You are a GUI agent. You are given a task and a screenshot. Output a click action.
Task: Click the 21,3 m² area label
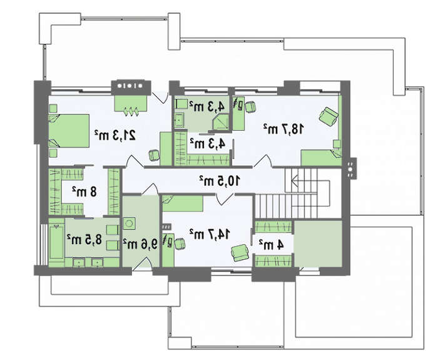pyautogui.click(x=115, y=136)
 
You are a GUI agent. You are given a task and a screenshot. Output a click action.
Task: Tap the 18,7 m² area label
pyautogui.click(x=283, y=129)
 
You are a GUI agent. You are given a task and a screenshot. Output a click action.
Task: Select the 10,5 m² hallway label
pyautogui.click(x=220, y=181)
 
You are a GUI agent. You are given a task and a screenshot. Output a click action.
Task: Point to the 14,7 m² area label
pyautogui.click(x=210, y=234)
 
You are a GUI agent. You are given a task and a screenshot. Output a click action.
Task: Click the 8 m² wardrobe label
pyautogui.click(x=84, y=192)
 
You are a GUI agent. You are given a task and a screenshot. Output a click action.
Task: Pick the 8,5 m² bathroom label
pyautogui.click(x=84, y=240)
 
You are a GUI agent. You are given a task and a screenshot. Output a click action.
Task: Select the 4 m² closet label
pyautogui.click(x=271, y=245)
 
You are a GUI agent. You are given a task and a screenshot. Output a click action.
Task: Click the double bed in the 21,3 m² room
pyautogui.click(x=69, y=130)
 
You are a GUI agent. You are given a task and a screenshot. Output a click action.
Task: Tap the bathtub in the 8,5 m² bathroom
pyautogui.click(x=57, y=243)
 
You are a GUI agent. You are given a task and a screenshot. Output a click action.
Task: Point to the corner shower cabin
pyautogui.click(x=221, y=123)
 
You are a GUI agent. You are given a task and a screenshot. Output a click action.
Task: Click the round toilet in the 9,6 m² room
pyautogui.click(x=129, y=224)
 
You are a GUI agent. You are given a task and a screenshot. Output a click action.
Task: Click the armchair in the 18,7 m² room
pyautogui.click(x=328, y=116)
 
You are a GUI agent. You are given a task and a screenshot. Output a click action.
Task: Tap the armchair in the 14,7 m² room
pyautogui.click(x=240, y=253)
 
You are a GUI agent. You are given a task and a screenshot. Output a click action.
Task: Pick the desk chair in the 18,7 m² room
pyautogui.click(x=250, y=107)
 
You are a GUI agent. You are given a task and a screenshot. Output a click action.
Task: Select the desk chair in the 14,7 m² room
pyautogui.click(x=180, y=244)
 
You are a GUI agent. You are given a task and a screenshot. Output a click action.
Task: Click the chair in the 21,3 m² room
pyautogui.click(x=154, y=155)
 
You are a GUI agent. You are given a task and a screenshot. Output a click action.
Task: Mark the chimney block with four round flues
pyautogui.click(x=131, y=87)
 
